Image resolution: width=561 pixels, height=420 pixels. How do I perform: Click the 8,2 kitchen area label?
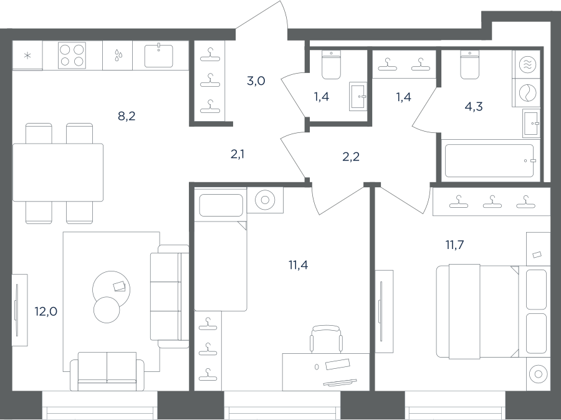coord(127,116)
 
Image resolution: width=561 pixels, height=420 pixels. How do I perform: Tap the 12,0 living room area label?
coord(46,311)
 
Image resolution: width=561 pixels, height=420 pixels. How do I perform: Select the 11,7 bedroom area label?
coord(455,245)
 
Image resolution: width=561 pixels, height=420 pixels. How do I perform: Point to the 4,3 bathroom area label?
coord(474,106)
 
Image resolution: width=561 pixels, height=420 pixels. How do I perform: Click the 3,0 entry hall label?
coord(256,81)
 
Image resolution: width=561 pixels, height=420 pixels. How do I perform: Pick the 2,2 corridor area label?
coord(351,157)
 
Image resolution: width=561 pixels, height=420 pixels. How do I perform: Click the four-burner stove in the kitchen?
coord(72,56)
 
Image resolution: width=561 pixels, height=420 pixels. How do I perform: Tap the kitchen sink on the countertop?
coord(158,56)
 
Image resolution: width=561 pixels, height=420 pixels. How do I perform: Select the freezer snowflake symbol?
coord(27,56)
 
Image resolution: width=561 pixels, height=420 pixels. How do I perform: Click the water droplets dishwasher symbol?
coord(118,55)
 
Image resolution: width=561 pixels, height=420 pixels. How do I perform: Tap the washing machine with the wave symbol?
coord(527,65)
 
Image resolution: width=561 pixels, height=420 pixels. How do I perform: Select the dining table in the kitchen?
coord(58,172)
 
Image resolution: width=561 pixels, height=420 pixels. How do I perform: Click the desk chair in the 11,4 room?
coord(325,339)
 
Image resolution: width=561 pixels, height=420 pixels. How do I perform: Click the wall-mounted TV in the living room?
coord(16,310)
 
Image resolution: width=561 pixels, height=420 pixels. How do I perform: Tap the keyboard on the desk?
coord(340,382)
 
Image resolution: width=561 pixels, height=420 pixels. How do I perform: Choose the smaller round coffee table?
coord(107,310)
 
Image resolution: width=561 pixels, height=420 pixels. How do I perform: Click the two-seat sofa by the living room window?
coord(107,371)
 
